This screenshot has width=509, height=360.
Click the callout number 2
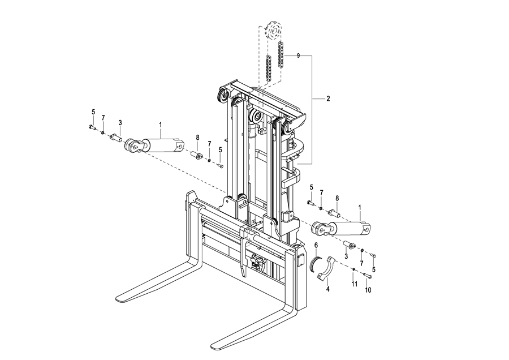(x=328, y=98)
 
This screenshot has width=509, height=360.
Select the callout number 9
(x=298, y=56)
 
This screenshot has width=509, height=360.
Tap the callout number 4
(x=328, y=289)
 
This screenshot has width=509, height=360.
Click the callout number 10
(x=368, y=290)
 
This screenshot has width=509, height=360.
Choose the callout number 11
(x=355, y=284)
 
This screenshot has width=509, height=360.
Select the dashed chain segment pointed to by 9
(x=281, y=54)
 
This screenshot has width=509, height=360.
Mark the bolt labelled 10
(x=367, y=276)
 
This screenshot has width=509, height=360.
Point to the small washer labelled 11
(x=353, y=269)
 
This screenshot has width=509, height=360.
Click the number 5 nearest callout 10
(x=374, y=269)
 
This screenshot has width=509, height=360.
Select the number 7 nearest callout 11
(x=361, y=263)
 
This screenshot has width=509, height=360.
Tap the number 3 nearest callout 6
(x=346, y=256)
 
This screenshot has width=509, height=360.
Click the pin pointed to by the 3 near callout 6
(x=350, y=245)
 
